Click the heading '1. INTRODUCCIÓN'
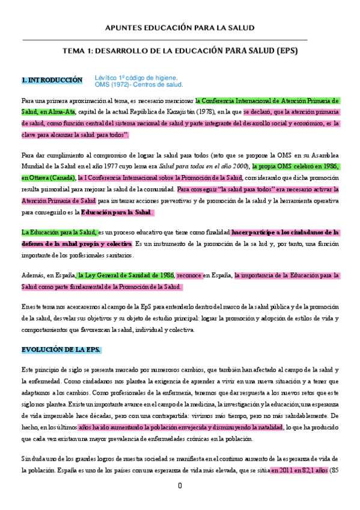(x=52, y=79)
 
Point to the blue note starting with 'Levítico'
(x=136, y=78)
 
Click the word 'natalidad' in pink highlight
(x=267, y=427)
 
